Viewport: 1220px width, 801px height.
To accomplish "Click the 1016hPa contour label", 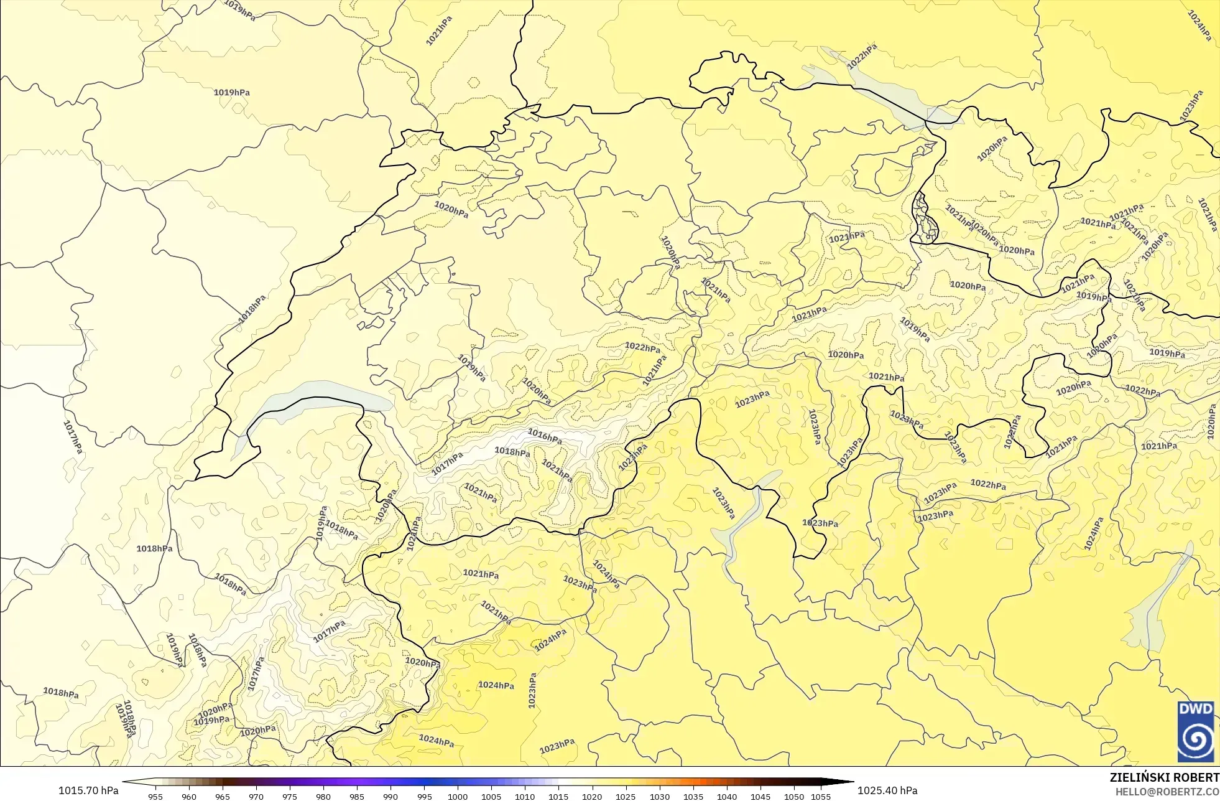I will pyautogui.click(x=545, y=436).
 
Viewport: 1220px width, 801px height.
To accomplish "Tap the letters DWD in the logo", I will pyautogui.click(x=1195, y=709).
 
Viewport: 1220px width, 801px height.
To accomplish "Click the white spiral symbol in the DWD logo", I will pyautogui.click(x=1195, y=740).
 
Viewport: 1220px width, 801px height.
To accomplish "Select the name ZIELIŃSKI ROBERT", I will pyautogui.click(x=1164, y=777).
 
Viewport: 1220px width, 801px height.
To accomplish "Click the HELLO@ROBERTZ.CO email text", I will pyautogui.click(x=1167, y=792).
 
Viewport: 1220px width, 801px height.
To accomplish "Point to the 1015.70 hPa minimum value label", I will pyautogui.click(x=88, y=790).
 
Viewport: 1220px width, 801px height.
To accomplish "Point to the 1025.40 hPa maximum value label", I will pyautogui.click(x=887, y=790).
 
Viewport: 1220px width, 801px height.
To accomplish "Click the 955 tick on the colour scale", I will pyautogui.click(x=155, y=796).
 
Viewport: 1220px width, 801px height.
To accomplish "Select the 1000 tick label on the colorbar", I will pyautogui.click(x=458, y=796).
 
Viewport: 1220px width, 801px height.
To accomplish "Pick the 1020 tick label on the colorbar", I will pyautogui.click(x=592, y=796).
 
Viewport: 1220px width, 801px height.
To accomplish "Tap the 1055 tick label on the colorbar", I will pyautogui.click(x=821, y=796).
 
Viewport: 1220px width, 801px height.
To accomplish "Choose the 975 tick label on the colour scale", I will pyautogui.click(x=290, y=796).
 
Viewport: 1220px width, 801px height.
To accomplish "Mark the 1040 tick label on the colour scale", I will pyautogui.click(x=726, y=796).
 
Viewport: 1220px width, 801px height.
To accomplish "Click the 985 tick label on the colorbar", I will pyautogui.click(x=357, y=796).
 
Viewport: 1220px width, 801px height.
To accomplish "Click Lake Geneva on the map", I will pyautogui.click(x=311, y=398).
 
